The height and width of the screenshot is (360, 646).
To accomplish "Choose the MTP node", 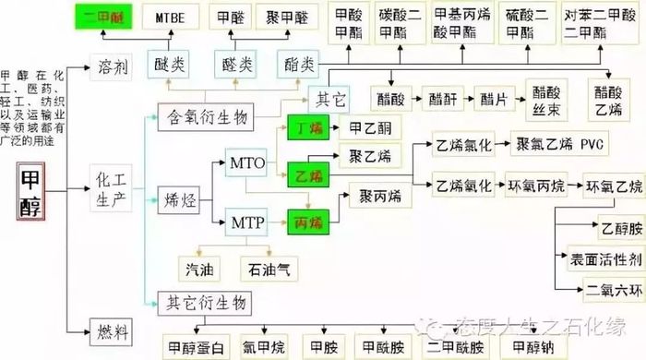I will (x=246, y=222).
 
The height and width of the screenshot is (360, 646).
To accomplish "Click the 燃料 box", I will (x=115, y=329).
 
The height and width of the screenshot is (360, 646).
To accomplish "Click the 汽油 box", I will (x=200, y=269).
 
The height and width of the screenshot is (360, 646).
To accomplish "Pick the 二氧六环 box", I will (x=604, y=288).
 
